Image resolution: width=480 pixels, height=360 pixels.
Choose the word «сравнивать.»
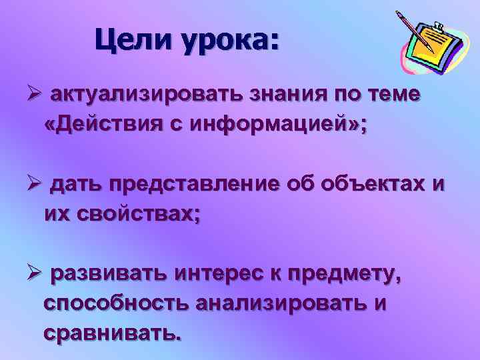(111, 333)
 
